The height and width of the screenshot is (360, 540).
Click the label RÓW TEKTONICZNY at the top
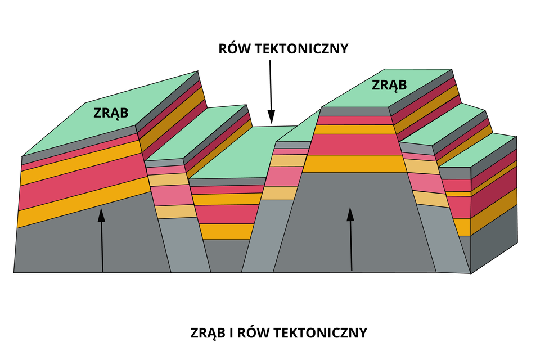click(283, 48)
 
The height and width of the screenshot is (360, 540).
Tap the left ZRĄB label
click(111, 112)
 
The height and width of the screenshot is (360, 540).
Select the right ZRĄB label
click(389, 85)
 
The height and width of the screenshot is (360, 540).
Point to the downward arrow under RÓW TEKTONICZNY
click(271, 90)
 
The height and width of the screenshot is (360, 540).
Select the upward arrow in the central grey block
click(351, 239)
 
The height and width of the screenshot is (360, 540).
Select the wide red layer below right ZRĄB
click(354, 145)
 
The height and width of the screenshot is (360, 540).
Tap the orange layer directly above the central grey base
click(354, 164)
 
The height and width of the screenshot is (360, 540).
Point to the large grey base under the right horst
click(354, 225)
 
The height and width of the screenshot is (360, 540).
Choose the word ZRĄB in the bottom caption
click(209, 332)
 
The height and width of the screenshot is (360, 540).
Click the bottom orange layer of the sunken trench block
click(228, 231)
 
